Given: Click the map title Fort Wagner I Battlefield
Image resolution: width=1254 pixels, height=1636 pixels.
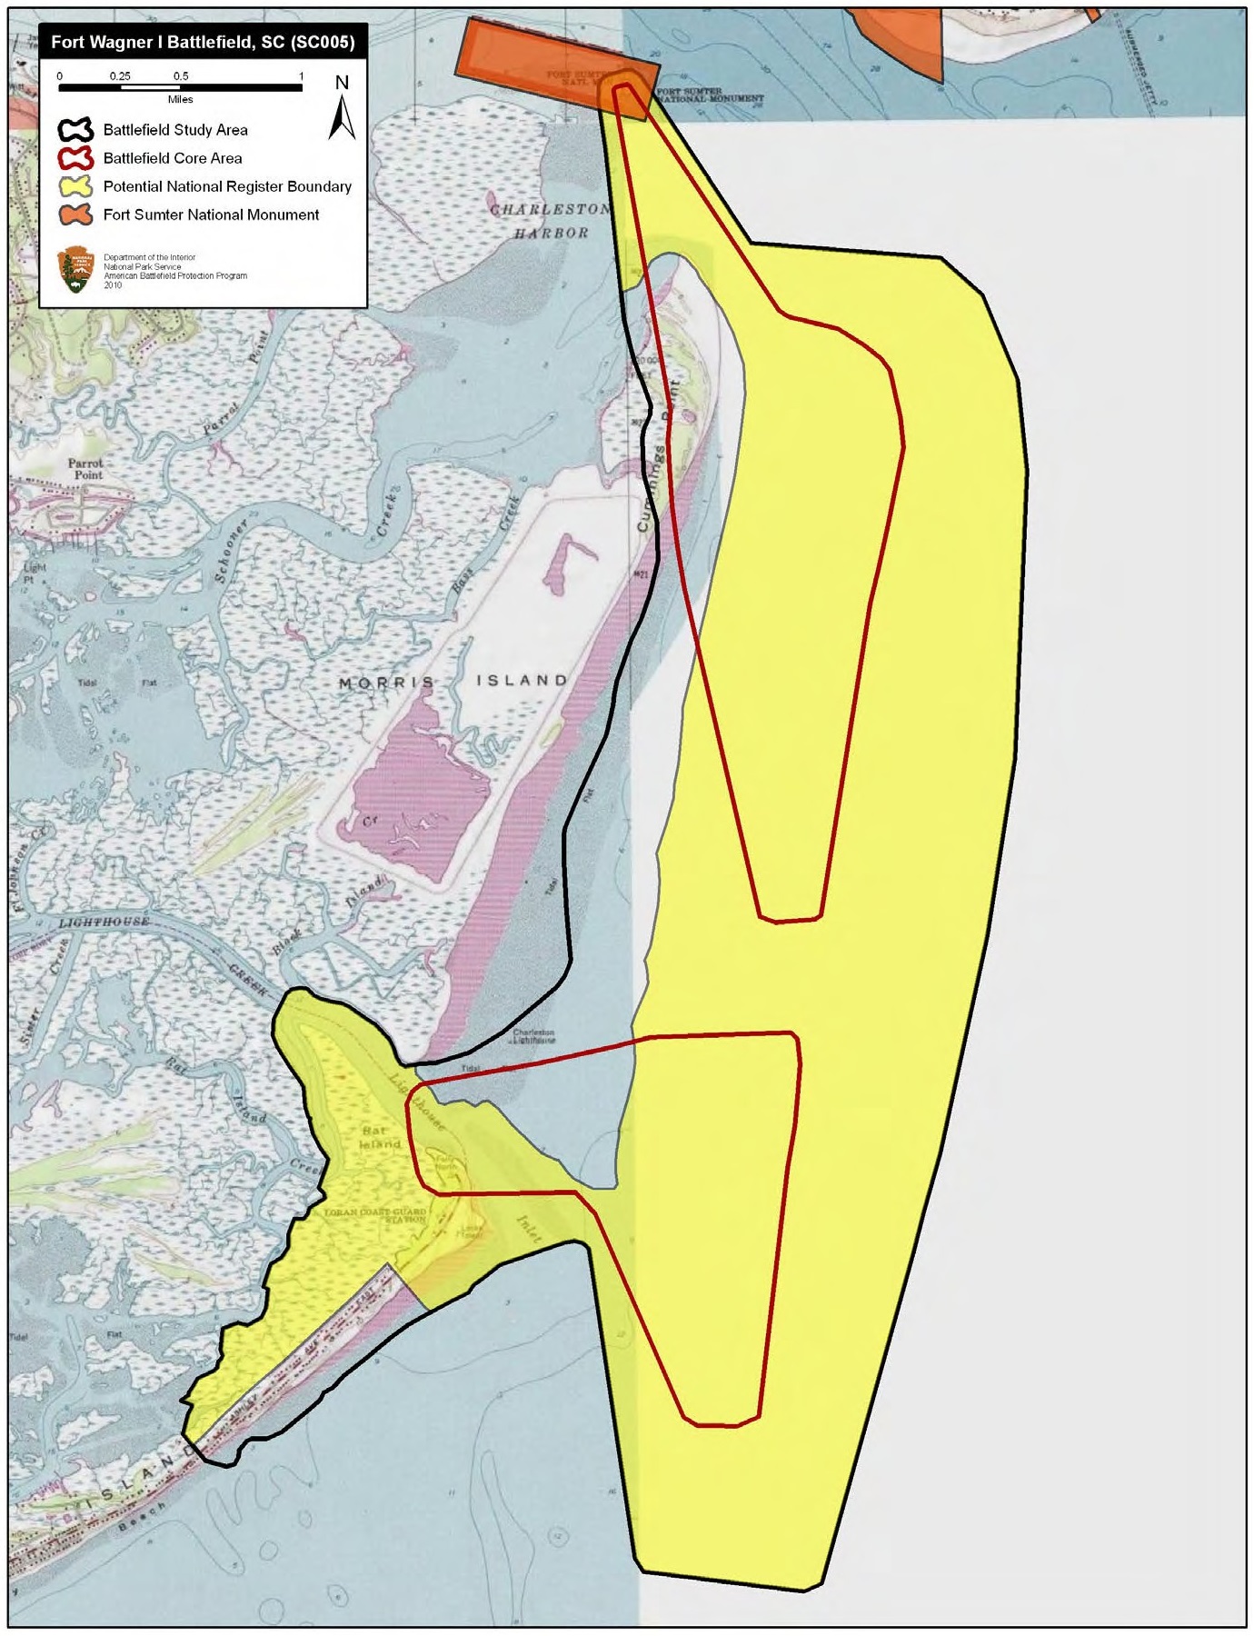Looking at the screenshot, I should click(202, 42).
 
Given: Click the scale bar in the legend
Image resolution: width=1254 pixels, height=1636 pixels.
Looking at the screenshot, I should click(180, 88).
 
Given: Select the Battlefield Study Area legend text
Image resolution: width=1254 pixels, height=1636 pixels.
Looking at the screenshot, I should click(175, 130).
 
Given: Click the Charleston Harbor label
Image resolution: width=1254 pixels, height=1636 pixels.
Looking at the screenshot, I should click(550, 221).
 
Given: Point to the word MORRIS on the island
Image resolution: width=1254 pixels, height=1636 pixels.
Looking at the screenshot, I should click(385, 683).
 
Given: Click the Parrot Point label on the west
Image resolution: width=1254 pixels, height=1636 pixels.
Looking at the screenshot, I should click(88, 469).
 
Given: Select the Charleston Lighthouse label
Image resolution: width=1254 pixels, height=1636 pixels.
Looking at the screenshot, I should click(534, 1036).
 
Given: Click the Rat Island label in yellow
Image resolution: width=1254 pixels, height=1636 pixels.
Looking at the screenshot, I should click(378, 1137).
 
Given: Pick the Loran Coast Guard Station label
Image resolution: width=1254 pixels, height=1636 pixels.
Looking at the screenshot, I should click(375, 1215).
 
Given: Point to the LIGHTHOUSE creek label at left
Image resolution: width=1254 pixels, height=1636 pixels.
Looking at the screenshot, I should click(104, 922).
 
